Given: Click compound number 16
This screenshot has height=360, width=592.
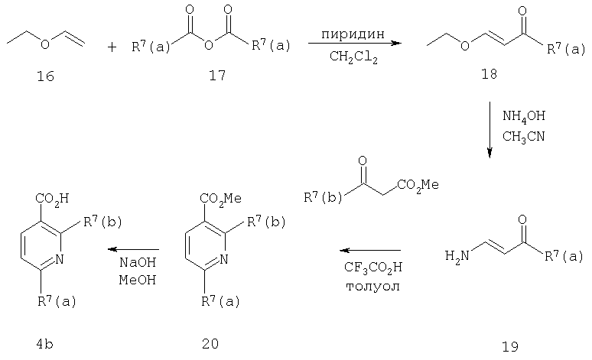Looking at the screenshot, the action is point(45,76).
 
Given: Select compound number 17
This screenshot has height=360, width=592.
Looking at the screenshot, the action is point(217,76).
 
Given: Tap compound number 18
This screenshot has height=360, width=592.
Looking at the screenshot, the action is point(489,74).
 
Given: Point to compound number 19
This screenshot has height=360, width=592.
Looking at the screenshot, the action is point(510,346).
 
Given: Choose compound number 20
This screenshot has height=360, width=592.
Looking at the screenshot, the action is point(210,343).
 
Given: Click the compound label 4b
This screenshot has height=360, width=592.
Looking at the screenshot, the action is point(44,344).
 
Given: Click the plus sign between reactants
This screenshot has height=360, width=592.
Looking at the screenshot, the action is point(112,47).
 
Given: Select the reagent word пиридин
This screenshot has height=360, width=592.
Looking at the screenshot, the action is point(353,34).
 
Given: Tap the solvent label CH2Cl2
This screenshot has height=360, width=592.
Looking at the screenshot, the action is point(353,57).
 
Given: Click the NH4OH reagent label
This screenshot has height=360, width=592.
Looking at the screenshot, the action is point(524,116).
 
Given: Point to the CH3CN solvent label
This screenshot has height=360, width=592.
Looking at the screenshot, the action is point(523,136).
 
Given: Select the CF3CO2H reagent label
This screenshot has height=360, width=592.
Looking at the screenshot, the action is point(373,268).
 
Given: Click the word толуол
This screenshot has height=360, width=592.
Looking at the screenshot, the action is point(372,287).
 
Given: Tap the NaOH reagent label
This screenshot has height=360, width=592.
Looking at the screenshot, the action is point(138,262).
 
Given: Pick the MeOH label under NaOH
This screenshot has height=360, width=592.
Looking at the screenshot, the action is point(138,280).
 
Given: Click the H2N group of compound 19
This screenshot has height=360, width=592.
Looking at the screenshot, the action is point(457,256).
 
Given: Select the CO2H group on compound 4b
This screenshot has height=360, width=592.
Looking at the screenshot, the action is point(52,199).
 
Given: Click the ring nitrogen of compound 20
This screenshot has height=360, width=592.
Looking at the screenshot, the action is point(223,259).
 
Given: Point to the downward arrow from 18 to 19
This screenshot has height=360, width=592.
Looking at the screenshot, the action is point(490,129).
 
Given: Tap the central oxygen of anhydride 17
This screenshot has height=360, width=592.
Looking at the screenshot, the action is point(208,45).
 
